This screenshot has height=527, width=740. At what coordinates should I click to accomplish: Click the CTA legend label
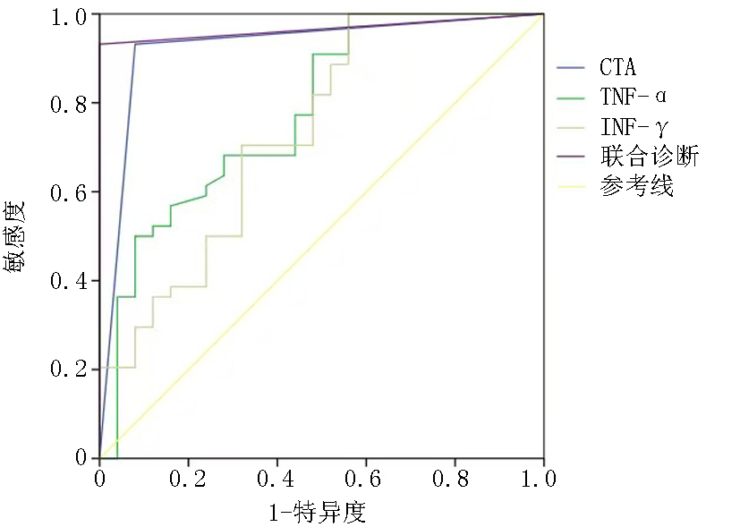(618, 67)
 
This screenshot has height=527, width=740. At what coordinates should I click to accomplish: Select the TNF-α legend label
(633, 96)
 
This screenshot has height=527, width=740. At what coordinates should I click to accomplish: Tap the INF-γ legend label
(633, 126)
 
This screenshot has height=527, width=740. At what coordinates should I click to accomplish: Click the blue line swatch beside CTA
(570, 67)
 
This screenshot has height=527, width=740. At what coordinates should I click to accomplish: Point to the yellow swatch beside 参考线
(570, 187)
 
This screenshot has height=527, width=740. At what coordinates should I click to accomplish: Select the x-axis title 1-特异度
(317, 513)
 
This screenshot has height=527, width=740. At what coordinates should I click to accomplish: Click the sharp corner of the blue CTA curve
(135, 44)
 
